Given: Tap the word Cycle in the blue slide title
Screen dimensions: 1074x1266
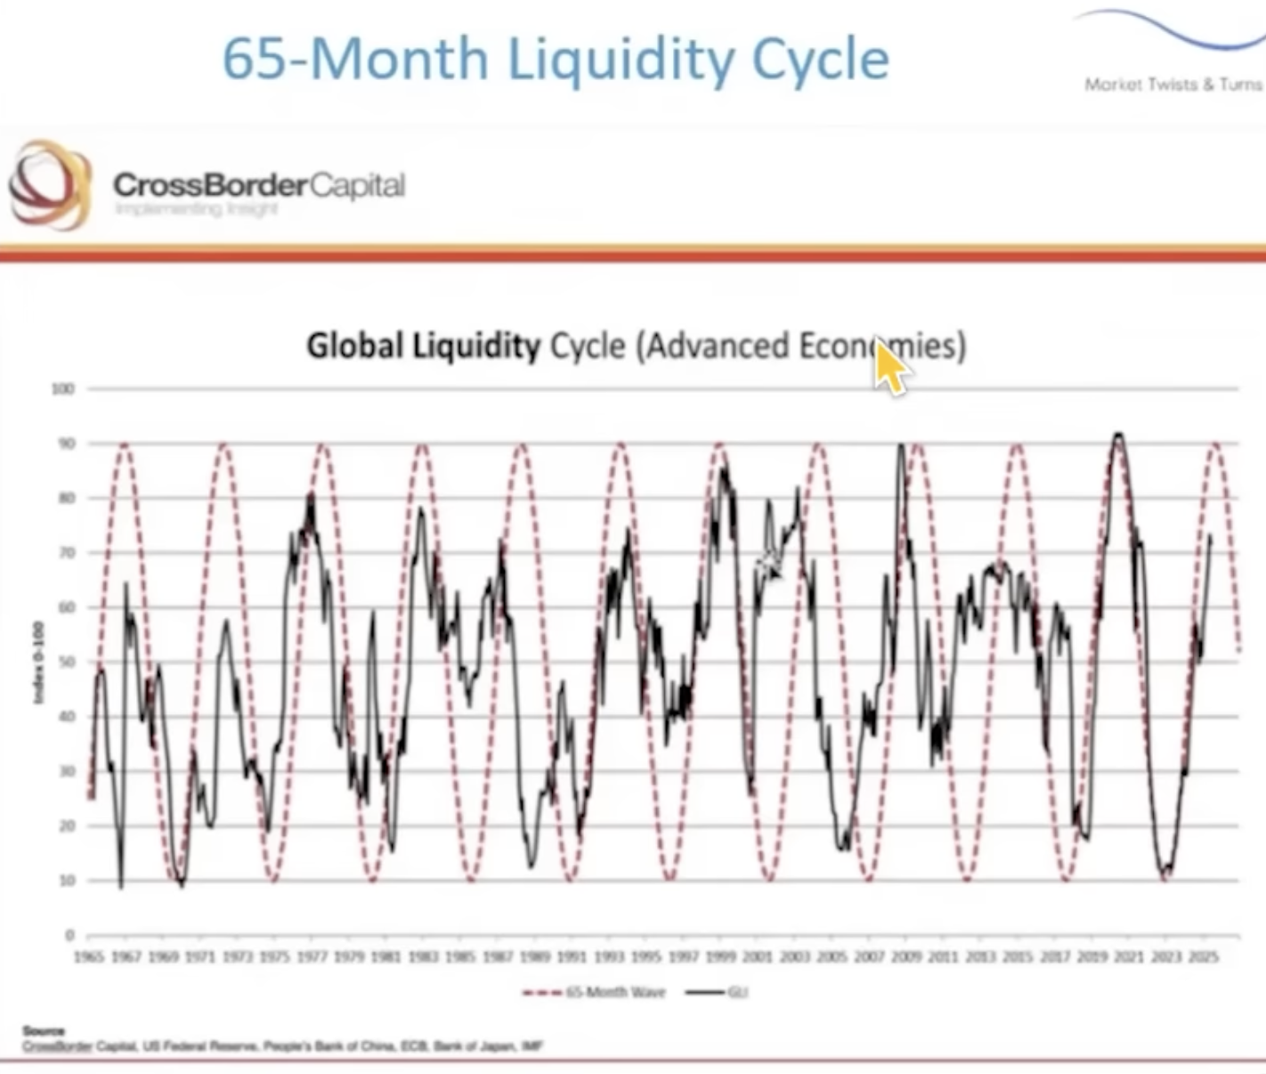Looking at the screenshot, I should tap(820, 60).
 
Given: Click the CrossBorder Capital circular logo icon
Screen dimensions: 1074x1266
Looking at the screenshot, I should tap(50, 184).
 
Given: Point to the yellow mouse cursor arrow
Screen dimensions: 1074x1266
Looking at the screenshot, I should tap(889, 365).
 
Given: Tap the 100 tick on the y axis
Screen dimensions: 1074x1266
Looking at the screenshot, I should tap(63, 389).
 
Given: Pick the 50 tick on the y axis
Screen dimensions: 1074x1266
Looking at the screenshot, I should tap(67, 663).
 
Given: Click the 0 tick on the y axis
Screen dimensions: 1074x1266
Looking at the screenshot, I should tap(69, 935).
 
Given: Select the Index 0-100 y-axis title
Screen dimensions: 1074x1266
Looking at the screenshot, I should tap(37, 663).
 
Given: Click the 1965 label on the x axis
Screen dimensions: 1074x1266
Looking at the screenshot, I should tap(89, 957).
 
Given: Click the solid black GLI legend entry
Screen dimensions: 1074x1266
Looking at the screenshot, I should tap(716, 992).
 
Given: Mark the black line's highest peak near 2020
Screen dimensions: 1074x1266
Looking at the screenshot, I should tap(1118, 435).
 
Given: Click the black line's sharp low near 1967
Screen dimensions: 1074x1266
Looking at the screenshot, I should tap(120, 886).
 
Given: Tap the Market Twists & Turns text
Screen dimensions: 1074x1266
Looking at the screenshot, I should tap(1173, 85).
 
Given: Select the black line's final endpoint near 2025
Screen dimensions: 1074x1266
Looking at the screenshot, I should tap(1210, 536).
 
